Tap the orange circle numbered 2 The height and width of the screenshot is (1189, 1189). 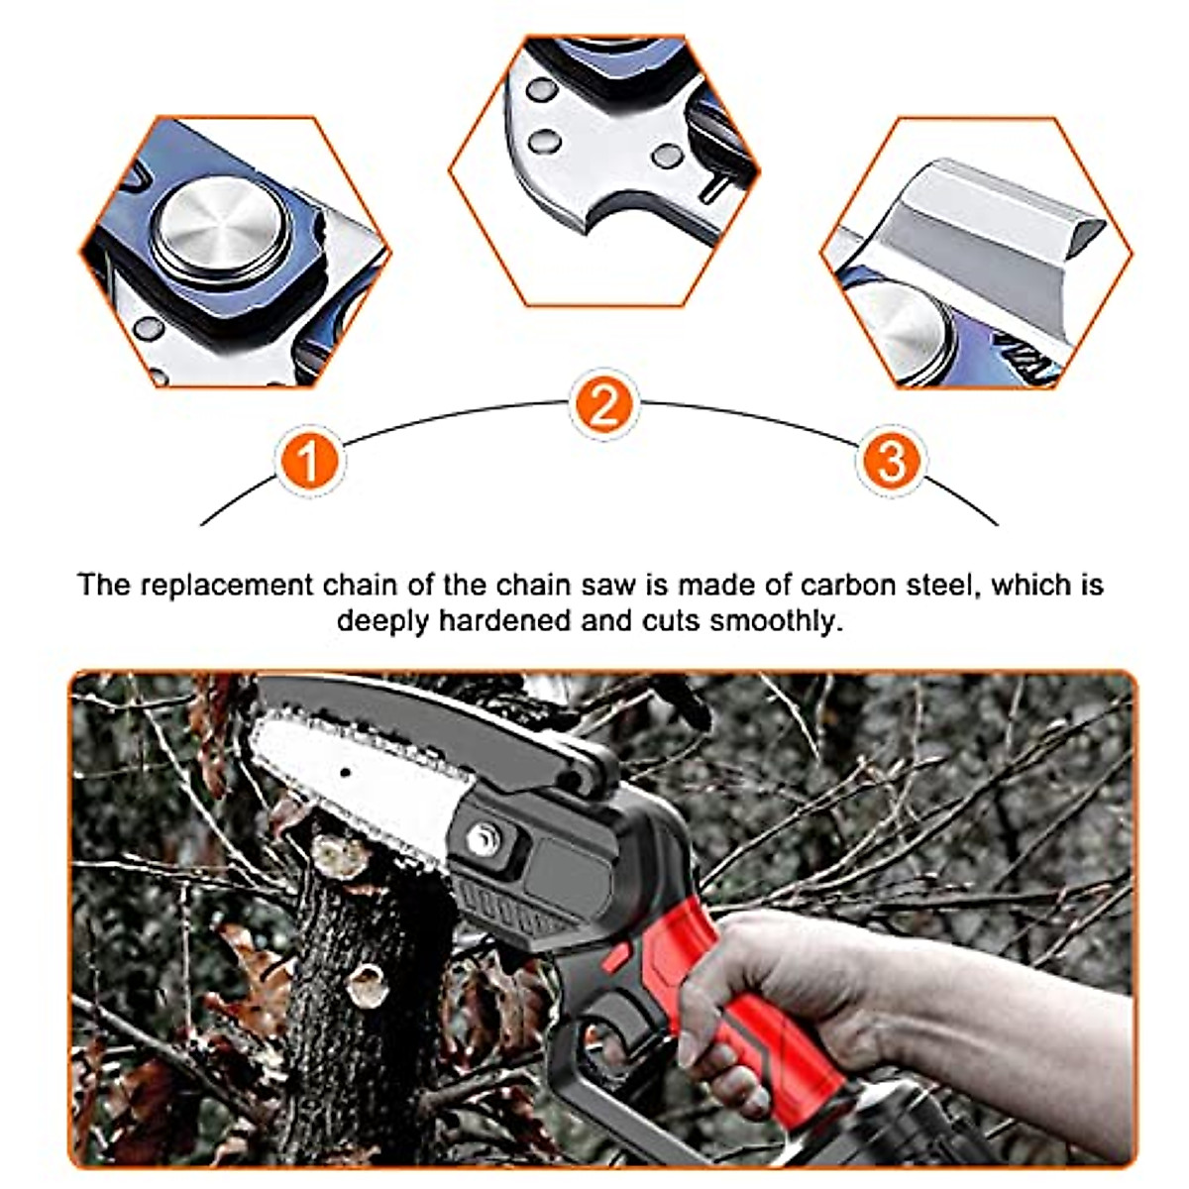pyautogui.click(x=603, y=405)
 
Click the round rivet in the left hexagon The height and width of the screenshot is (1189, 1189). pyautogui.click(x=220, y=228)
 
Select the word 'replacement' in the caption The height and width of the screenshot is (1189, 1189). pyautogui.click(x=228, y=585)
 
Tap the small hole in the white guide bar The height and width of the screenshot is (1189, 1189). pyautogui.click(x=345, y=772)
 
